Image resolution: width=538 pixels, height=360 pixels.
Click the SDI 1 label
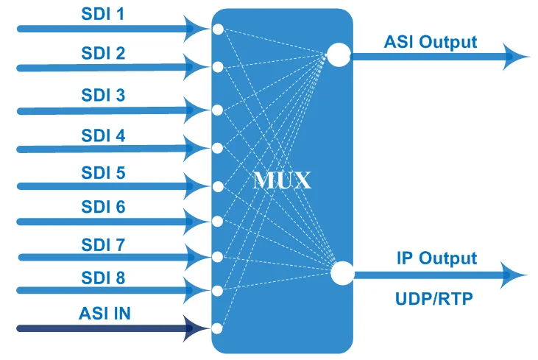tap(102, 14)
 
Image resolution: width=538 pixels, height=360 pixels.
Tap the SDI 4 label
tap(103, 135)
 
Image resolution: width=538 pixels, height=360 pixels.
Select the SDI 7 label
tap(103, 245)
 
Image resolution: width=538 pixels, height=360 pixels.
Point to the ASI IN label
tap(105, 314)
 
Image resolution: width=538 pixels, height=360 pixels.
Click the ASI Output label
tap(431, 43)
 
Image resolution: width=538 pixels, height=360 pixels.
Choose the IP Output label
tap(436, 258)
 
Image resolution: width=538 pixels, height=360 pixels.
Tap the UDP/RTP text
tap(434, 299)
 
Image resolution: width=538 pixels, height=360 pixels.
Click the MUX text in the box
tap(282, 180)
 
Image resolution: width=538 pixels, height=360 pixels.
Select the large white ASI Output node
tap(339, 54)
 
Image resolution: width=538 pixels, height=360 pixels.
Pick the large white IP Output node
tap(342, 273)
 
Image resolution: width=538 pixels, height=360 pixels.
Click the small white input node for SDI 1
tap(218, 29)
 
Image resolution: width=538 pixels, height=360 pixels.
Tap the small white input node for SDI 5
tap(218, 187)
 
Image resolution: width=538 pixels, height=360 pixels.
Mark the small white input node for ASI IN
tap(217, 328)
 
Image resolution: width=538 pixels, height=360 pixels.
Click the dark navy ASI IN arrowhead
tap(194, 328)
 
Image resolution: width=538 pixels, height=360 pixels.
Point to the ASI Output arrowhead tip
tap(530, 57)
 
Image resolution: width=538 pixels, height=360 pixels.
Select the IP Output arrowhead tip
tap(528, 275)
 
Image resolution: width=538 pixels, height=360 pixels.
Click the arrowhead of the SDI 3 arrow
tap(195, 110)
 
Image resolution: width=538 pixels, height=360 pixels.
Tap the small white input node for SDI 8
tap(217, 291)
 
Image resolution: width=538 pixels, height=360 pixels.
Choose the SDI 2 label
tap(103, 53)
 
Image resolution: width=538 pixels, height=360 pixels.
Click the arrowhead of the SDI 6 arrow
tap(195, 222)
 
